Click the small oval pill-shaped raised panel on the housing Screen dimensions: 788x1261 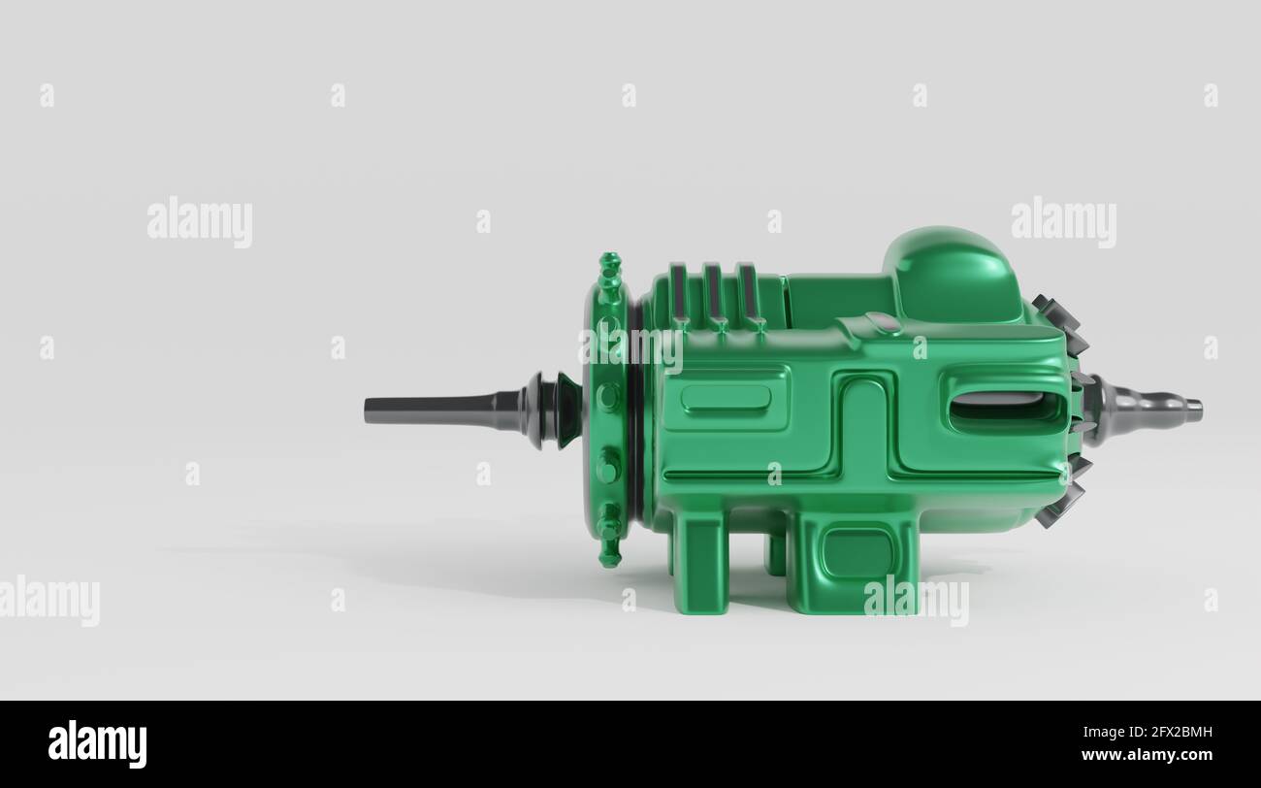(x=726, y=398)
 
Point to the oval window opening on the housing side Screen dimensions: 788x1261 (x=1005, y=409)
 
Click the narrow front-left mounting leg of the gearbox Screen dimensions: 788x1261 (x=700, y=563)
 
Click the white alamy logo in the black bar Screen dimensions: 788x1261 (x=97, y=744)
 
